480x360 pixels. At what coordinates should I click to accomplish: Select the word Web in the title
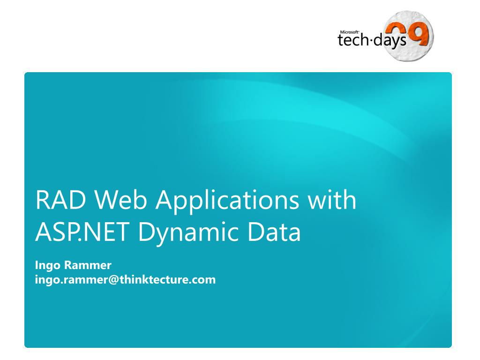(122, 200)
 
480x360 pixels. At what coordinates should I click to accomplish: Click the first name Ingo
(48, 266)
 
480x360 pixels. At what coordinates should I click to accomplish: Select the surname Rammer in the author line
(88, 265)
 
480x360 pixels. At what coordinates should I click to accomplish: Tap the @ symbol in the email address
(113, 280)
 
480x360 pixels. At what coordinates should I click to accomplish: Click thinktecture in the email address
(157, 280)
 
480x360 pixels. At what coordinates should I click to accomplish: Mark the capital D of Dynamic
(146, 233)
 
